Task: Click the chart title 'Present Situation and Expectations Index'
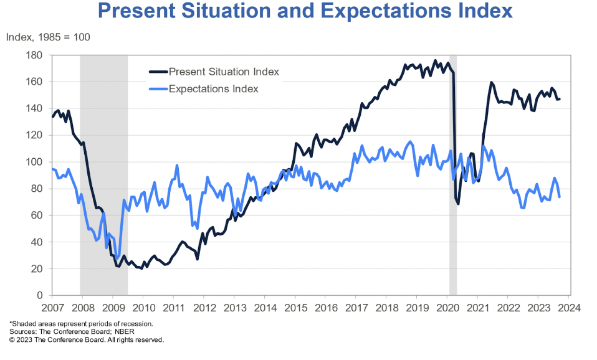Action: [x=305, y=12]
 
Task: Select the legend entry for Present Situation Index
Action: [x=224, y=72]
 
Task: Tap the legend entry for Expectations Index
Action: [x=213, y=88]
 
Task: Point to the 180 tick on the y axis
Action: [x=34, y=55]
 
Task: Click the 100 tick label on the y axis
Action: [x=34, y=162]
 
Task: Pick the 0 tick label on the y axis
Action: [x=39, y=295]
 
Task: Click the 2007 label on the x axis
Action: [x=52, y=308]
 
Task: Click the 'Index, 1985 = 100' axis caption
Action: [x=48, y=37]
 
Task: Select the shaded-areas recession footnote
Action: [x=81, y=324]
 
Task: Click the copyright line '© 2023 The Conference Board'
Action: [x=87, y=340]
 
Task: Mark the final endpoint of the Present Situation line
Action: [x=559, y=99]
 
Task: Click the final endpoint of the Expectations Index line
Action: [x=559, y=197]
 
